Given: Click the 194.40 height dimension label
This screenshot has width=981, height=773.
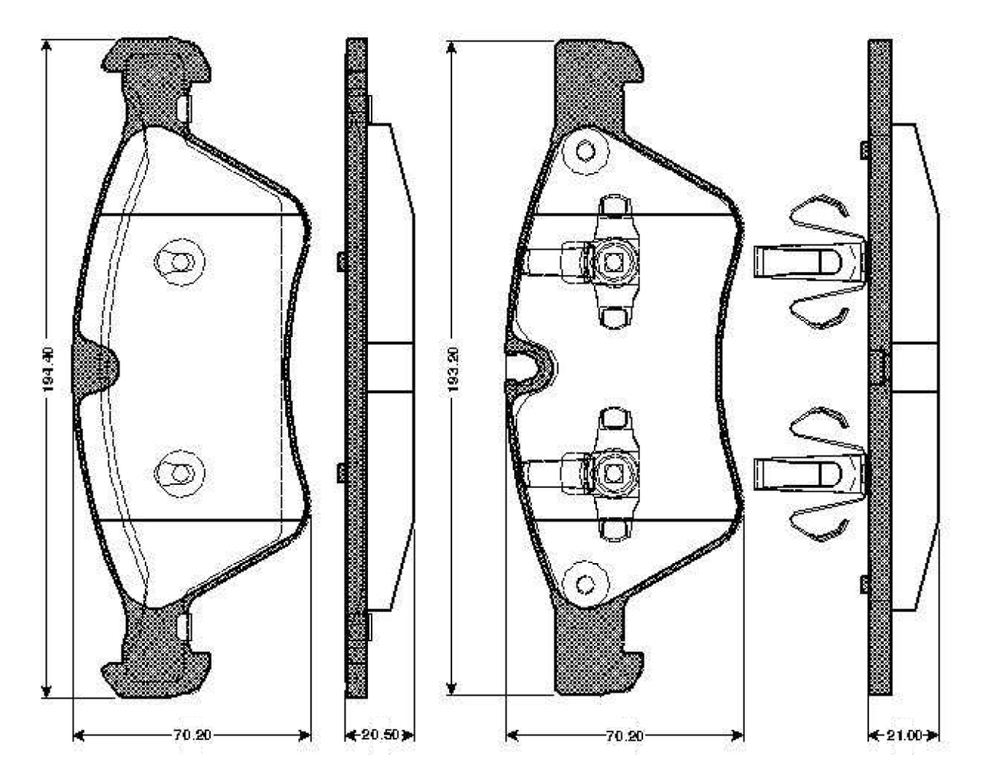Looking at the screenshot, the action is click(48, 369).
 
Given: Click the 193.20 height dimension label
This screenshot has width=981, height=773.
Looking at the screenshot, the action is click(453, 369).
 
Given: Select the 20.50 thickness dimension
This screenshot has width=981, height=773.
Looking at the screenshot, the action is click(379, 735).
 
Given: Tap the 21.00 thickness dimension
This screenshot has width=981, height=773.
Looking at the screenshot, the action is click(904, 735).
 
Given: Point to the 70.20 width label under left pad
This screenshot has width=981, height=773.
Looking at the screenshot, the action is click(192, 735).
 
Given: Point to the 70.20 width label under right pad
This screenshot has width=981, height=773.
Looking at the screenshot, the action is click(625, 735).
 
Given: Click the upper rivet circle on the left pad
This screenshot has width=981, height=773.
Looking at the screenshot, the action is click(179, 262).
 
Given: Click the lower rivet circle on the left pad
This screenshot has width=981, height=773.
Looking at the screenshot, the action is click(179, 473).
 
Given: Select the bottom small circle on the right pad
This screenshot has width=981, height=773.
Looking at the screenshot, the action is click(586, 585).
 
